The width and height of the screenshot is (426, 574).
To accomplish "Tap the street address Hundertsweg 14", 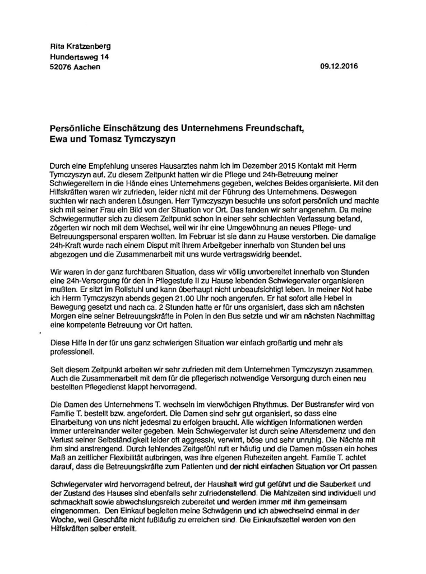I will point(79,57).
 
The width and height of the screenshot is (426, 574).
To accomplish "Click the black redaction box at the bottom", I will point(325,542).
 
